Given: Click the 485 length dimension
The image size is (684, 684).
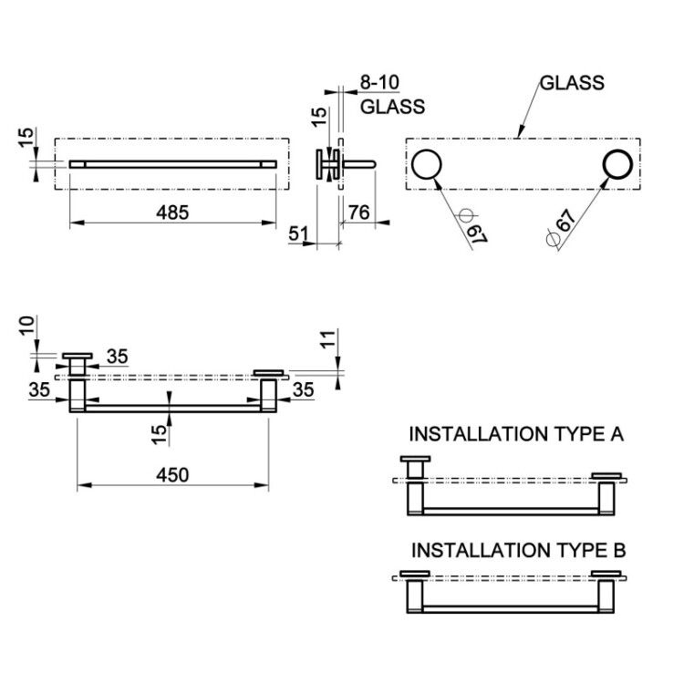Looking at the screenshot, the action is click(x=172, y=212).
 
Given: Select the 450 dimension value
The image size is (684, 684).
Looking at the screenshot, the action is click(x=172, y=475).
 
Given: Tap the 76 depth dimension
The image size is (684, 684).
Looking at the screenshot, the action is click(x=359, y=212).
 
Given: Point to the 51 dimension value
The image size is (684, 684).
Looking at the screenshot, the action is click(x=298, y=233).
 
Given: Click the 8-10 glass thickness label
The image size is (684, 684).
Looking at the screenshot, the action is click(x=379, y=82).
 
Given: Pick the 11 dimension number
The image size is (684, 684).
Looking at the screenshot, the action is click(x=329, y=339).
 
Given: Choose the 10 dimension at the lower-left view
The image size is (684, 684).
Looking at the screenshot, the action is click(x=26, y=326).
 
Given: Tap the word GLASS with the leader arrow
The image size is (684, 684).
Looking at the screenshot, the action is click(x=572, y=83).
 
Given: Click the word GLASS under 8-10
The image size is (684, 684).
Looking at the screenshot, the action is click(x=392, y=107).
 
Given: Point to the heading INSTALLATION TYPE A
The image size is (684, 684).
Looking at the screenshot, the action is click(x=516, y=434).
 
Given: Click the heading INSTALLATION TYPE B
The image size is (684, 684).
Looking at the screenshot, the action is click(x=519, y=550).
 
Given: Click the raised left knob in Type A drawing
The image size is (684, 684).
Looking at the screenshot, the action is click(x=415, y=467).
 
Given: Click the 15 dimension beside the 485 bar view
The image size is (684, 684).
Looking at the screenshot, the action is click(x=26, y=138).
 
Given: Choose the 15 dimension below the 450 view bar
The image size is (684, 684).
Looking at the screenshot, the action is click(x=161, y=435).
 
